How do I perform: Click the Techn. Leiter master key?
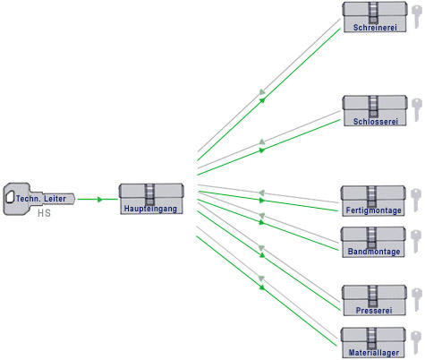(x=38, y=199)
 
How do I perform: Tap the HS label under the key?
(x=44, y=213)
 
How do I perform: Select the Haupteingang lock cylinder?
(x=151, y=199)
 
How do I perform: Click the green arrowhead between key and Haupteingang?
(x=100, y=199)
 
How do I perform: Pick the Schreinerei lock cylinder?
(x=375, y=17)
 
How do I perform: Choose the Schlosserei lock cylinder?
(x=375, y=111)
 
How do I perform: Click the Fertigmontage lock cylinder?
(x=373, y=201)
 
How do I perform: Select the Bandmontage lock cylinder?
(x=373, y=242)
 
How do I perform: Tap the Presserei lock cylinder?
(x=374, y=300)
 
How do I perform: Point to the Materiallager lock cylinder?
(x=373, y=343)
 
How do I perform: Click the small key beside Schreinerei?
(x=416, y=17)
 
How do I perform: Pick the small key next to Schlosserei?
(x=417, y=110)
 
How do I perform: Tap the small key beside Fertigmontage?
(x=416, y=201)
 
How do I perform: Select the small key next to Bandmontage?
(x=416, y=242)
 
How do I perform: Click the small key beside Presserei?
(x=417, y=300)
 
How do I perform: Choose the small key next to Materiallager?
(x=416, y=343)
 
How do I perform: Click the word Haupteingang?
(x=150, y=209)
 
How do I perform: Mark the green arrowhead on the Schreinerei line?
(x=262, y=100)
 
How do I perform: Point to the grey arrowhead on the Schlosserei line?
(x=262, y=141)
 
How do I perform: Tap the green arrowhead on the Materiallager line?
(x=262, y=287)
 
